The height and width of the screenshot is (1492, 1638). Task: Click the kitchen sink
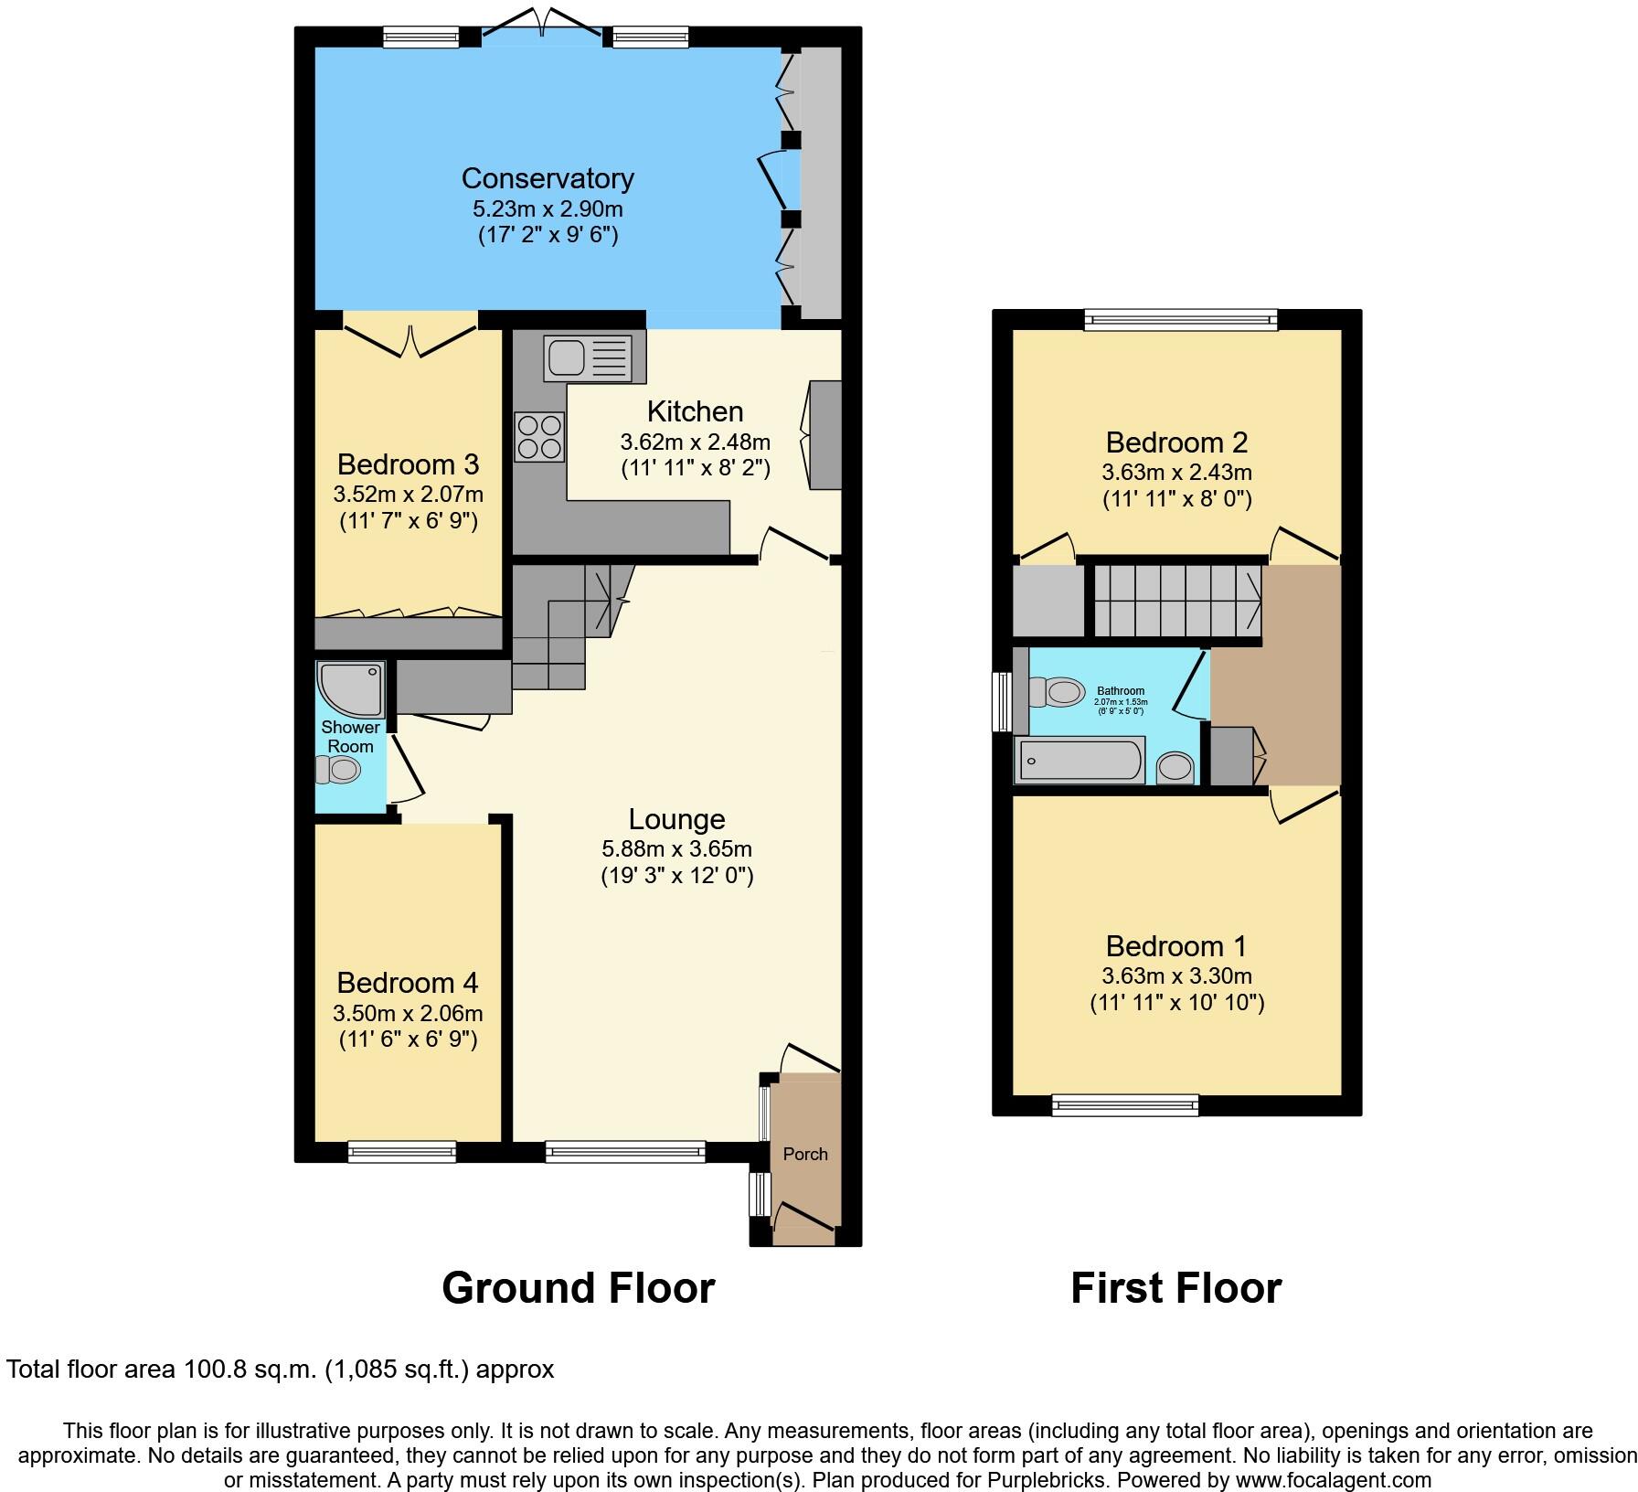[588, 357]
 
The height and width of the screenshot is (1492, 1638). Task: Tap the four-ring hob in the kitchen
[539, 437]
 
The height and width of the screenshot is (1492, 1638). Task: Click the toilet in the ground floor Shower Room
[338, 771]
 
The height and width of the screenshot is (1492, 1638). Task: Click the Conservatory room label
[548, 178]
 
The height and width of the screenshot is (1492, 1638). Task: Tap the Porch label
[805, 1155]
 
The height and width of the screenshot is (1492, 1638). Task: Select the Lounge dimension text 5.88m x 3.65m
[677, 848]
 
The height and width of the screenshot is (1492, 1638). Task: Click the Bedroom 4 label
[408, 983]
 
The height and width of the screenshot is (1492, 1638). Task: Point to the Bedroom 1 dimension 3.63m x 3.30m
[1176, 975]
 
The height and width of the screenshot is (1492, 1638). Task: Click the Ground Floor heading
[578, 1288]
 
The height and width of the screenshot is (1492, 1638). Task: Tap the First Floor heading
[1175, 1288]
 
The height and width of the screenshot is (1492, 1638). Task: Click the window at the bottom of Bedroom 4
[401, 1152]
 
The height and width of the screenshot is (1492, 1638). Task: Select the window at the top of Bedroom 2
[1180, 319]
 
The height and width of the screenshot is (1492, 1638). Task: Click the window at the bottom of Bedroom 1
[1124, 1105]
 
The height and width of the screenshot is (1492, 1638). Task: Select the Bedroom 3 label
[408, 464]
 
